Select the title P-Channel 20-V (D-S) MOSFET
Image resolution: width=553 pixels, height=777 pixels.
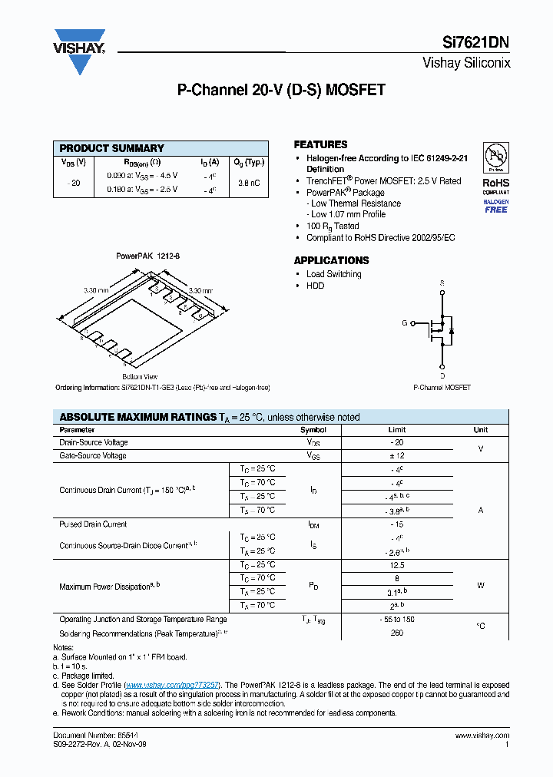(x=281, y=90)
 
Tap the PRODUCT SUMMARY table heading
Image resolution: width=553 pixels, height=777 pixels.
(x=112, y=148)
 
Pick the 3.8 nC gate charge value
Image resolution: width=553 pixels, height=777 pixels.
(x=248, y=183)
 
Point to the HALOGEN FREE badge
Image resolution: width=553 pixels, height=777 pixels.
(x=495, y=206)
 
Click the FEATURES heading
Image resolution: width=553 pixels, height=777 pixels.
(x=320, y=144)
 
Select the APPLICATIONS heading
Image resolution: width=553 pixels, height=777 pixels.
(x=331, y=260)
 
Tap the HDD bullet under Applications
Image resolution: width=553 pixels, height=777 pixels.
(x=315, y=286)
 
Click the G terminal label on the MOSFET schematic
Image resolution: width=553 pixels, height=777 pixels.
(x=404, y=323)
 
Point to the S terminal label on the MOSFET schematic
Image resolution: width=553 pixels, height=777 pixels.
(x=442, y=283)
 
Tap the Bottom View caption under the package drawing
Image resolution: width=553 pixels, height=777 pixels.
(x=140, y=377)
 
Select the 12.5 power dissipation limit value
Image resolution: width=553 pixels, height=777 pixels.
(x=396, y=565)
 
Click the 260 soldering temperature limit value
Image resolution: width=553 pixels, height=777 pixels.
(x=396, y=633)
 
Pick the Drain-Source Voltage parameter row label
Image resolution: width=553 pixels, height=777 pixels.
(x=94, y=442)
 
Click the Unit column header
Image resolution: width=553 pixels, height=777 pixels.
(x=480, y=430)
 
